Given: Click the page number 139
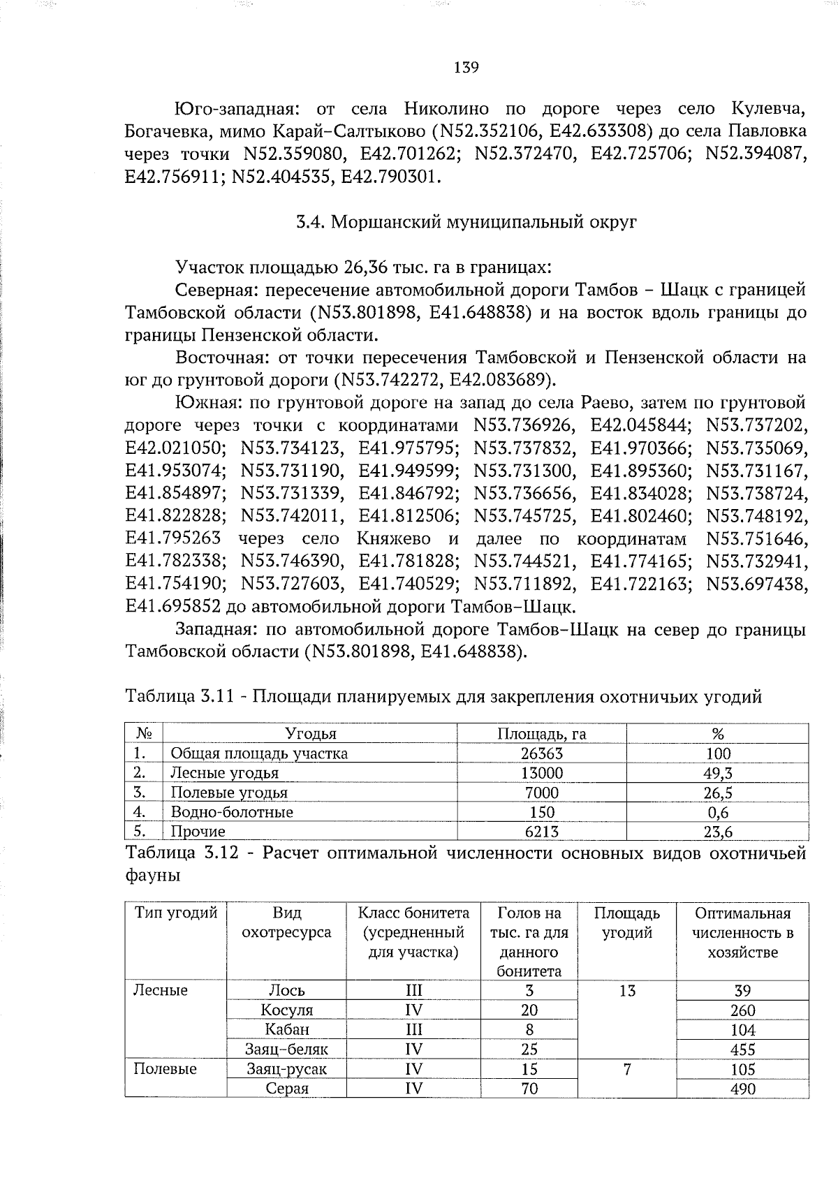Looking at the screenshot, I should [x=466, y=68].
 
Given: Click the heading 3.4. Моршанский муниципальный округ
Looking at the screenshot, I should [x=466, y=222].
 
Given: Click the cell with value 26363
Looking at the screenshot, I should [x=541, y=753].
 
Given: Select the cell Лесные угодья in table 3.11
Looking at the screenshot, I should [x=224, y=773].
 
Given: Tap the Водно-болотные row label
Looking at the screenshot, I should [x=232, y=812].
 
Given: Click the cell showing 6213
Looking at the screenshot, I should [x=541, y=832].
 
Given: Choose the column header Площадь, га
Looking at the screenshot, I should [x=541, y=734].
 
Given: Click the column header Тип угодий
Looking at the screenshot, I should [x=176, y=913].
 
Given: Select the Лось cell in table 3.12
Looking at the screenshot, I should [x=286, y=990].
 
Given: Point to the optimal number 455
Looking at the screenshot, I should [x=742, y=1049].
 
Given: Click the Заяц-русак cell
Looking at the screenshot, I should [x=286, y=1068].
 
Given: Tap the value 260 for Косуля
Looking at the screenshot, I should [x=742, y=1010].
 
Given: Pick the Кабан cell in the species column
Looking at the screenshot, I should [x=286, y=1029].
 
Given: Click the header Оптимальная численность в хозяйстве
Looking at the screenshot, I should [x=742, y=933].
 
